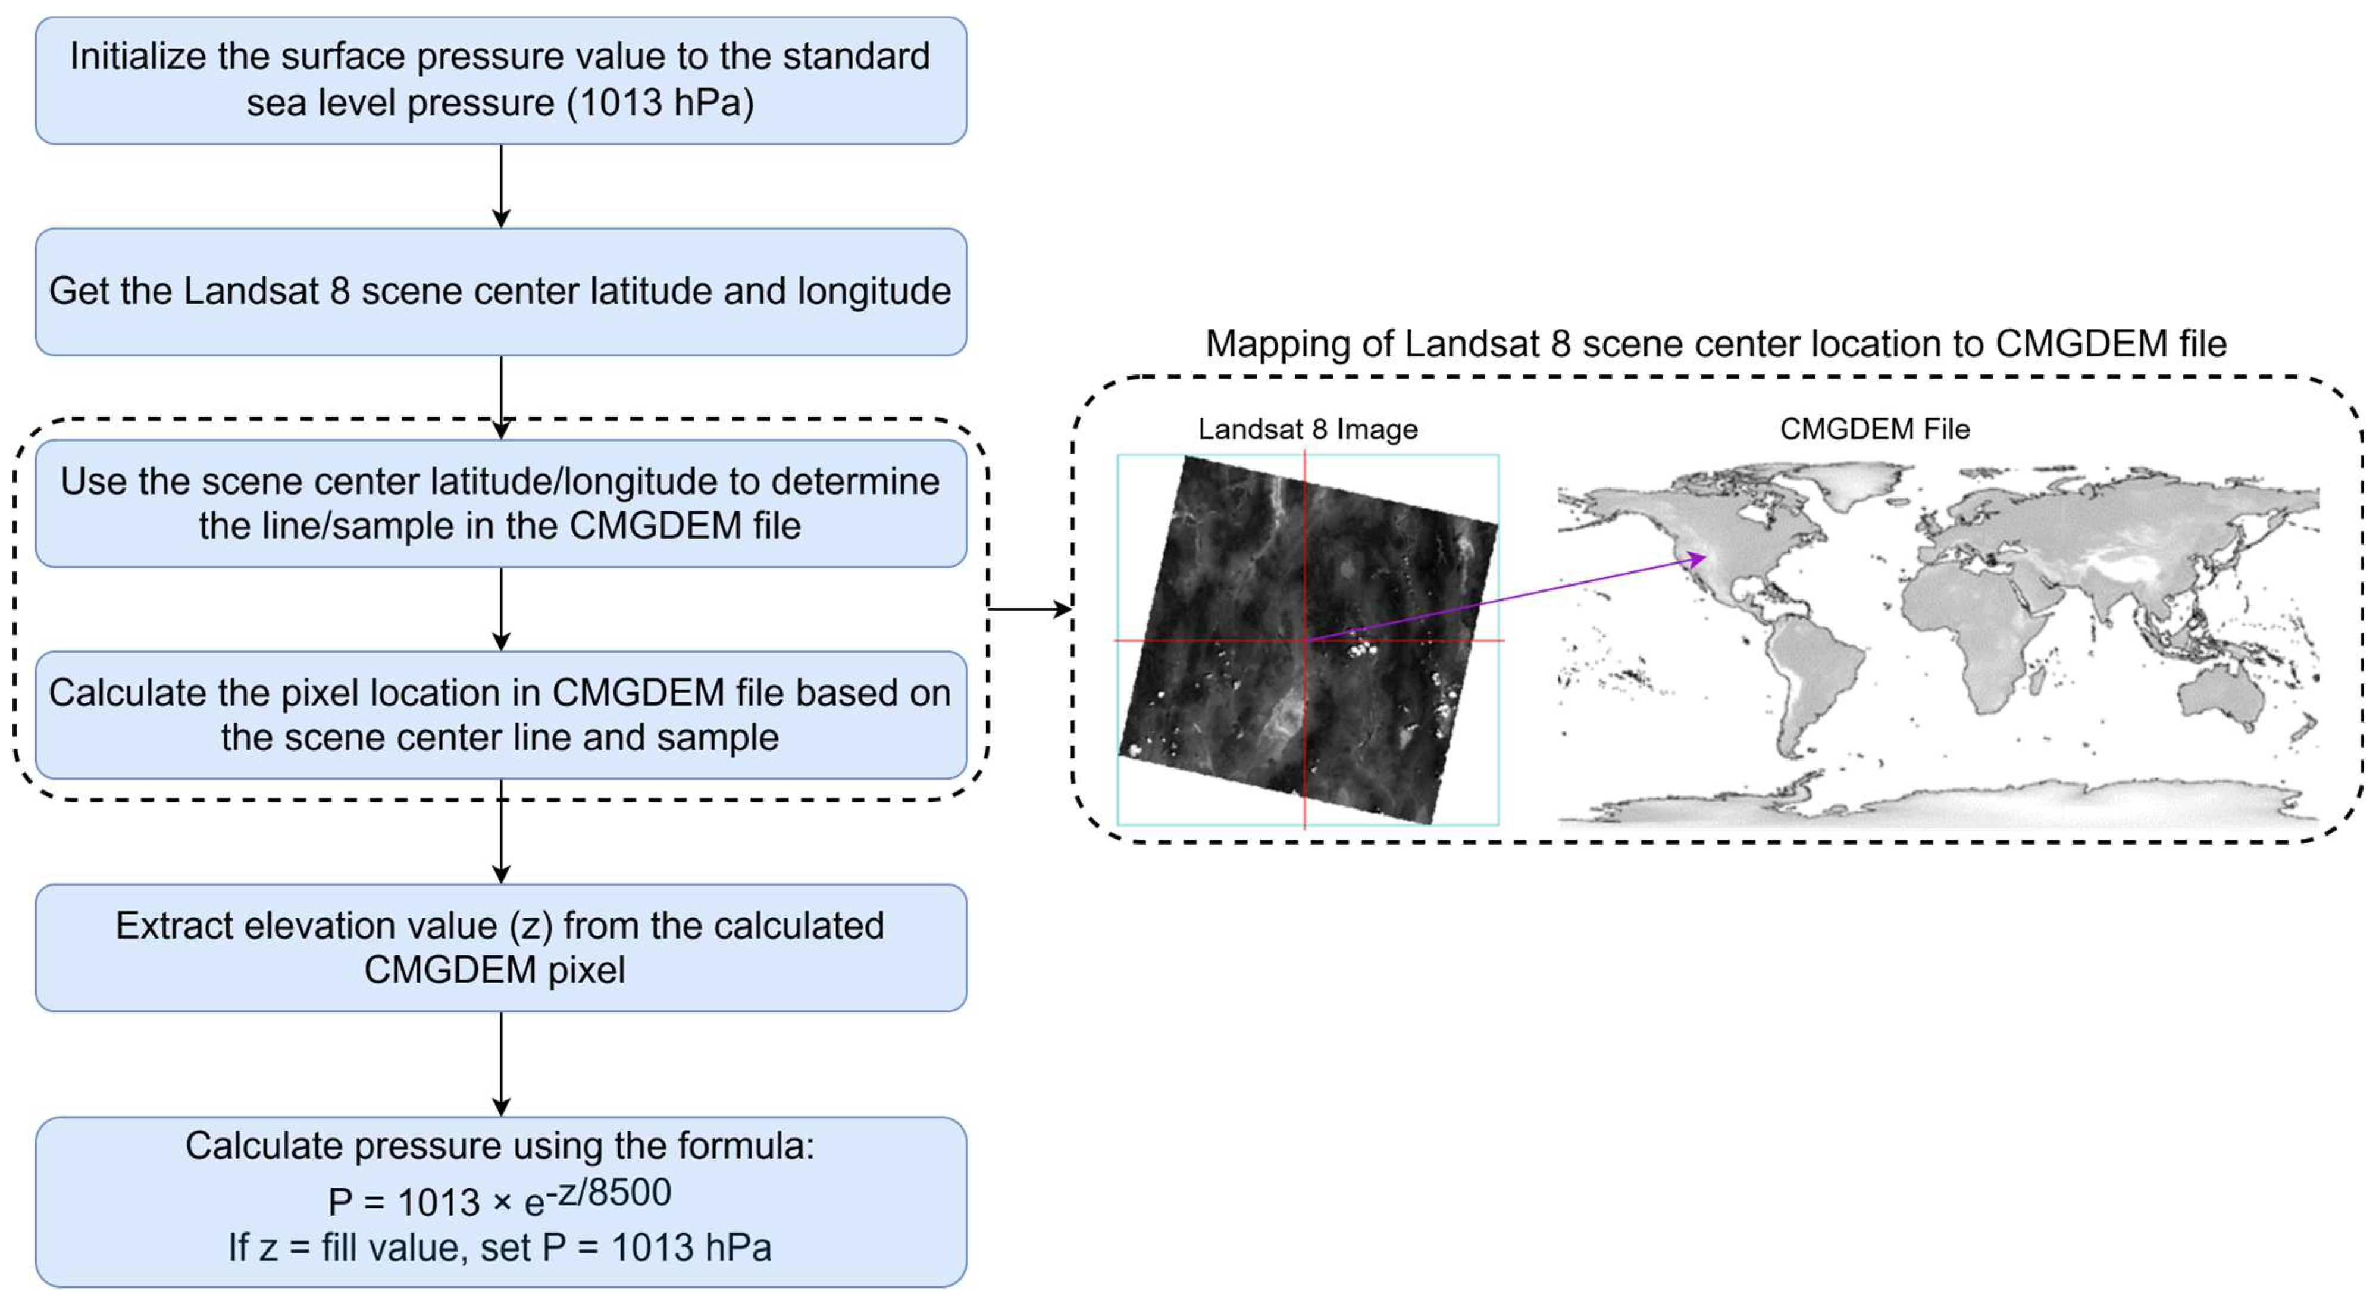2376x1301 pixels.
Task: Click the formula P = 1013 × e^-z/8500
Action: pos(500,1197)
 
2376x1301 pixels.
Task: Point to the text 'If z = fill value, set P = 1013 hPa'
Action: pos(500,1247)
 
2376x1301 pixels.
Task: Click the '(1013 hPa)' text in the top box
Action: pos(660,102)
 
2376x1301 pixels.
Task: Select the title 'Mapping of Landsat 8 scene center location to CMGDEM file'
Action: pos(1716,344)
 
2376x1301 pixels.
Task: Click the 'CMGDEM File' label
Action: pos(1874,429)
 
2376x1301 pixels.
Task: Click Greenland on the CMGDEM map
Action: pos(1854,484)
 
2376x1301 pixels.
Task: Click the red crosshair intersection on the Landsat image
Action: pos(1304,639)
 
